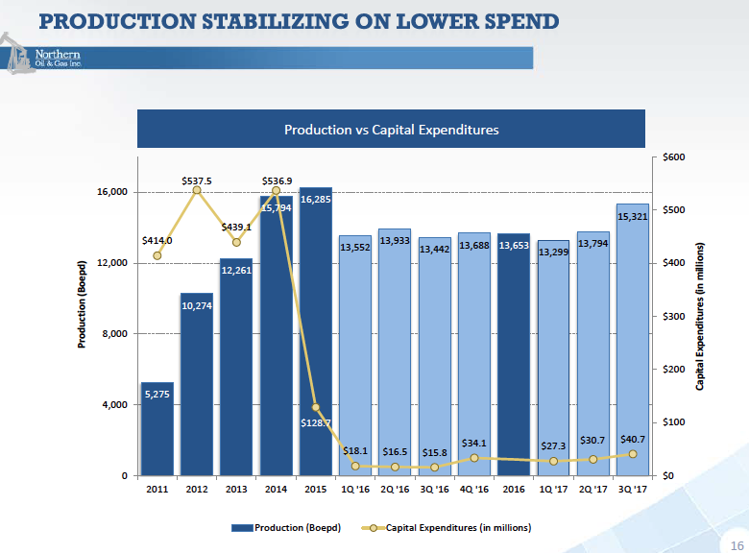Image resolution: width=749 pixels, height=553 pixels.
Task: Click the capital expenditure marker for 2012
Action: coord(197,190)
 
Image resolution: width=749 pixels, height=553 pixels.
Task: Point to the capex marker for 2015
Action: coord(316,407)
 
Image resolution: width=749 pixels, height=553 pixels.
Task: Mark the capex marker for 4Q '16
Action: coord(473,458)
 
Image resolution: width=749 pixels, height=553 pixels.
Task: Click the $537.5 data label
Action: coord(197,180)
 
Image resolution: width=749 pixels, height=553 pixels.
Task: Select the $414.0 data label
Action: coord(157,240)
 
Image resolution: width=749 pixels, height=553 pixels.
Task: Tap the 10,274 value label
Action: coord(197,306)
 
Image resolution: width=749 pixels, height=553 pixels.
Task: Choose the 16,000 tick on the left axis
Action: coord(113,192)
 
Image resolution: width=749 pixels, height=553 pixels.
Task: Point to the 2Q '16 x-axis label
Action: coord(395,490)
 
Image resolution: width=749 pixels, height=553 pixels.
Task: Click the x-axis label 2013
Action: coord(236,490)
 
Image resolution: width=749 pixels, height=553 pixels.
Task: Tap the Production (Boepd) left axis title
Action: coord(84,304)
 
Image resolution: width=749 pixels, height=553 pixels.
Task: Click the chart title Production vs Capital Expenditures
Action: coord(392,130)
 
